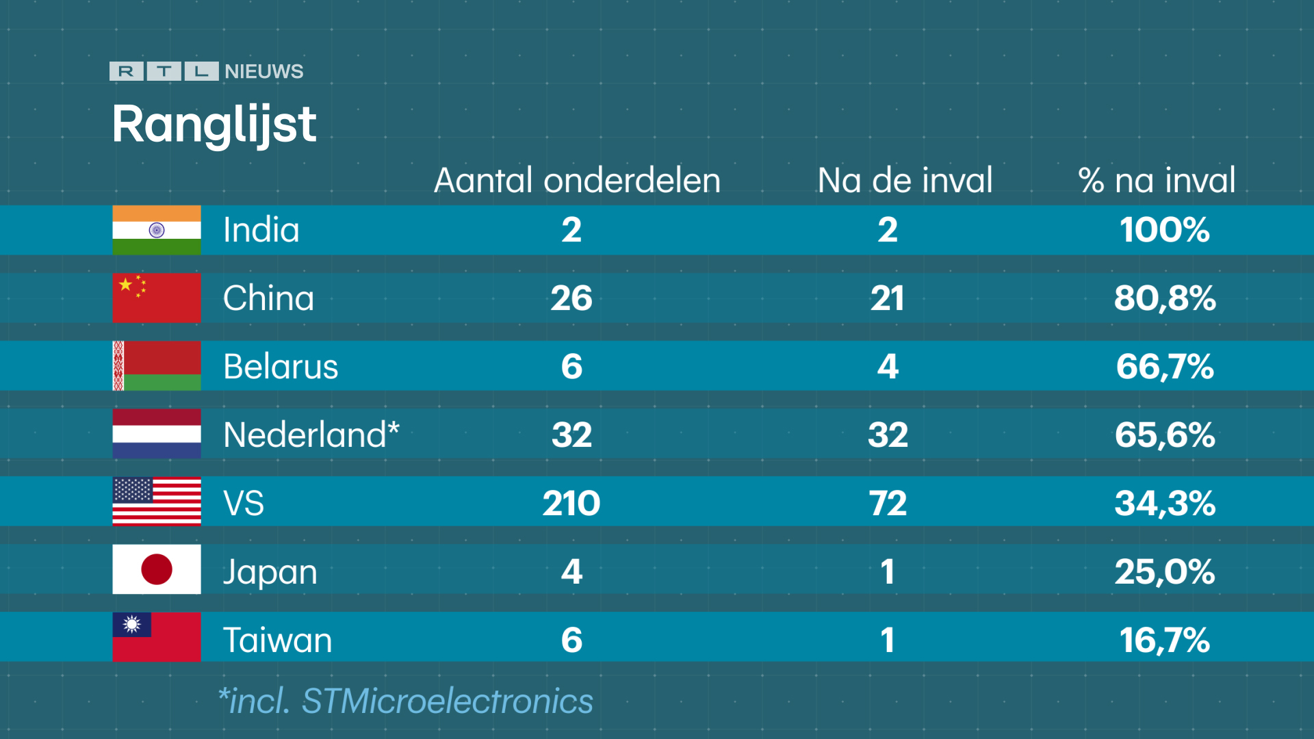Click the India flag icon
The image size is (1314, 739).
tap(157, 230)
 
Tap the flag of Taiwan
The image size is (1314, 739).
tap(157, 637)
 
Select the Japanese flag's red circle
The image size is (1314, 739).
tap(157, 569)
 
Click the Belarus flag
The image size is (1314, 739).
tap(157, 366)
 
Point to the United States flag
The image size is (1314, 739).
tap(157, 502)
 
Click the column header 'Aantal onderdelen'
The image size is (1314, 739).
tap(577, 181)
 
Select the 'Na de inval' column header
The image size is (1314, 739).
tap(905, 181)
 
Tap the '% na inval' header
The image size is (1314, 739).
tap(1157, 181)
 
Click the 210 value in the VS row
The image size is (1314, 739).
tap(571, 504)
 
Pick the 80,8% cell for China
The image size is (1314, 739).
tap(1165, 298)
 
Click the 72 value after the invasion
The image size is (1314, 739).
tap(888, 504)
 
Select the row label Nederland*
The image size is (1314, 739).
tap(311, 435)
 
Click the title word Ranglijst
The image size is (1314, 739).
tap(214, 125)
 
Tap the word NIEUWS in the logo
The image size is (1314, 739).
tap(263, 72)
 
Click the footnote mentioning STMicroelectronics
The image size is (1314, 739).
tap(405, 701)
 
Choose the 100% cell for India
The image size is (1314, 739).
tap(1165, 230)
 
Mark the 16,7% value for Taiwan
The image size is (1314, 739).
tap(1165, 640)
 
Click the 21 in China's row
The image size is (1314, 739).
tap(888, 298)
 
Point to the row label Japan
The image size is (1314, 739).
tap(270, 572)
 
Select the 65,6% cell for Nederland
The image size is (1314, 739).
tap(1165, 435)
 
